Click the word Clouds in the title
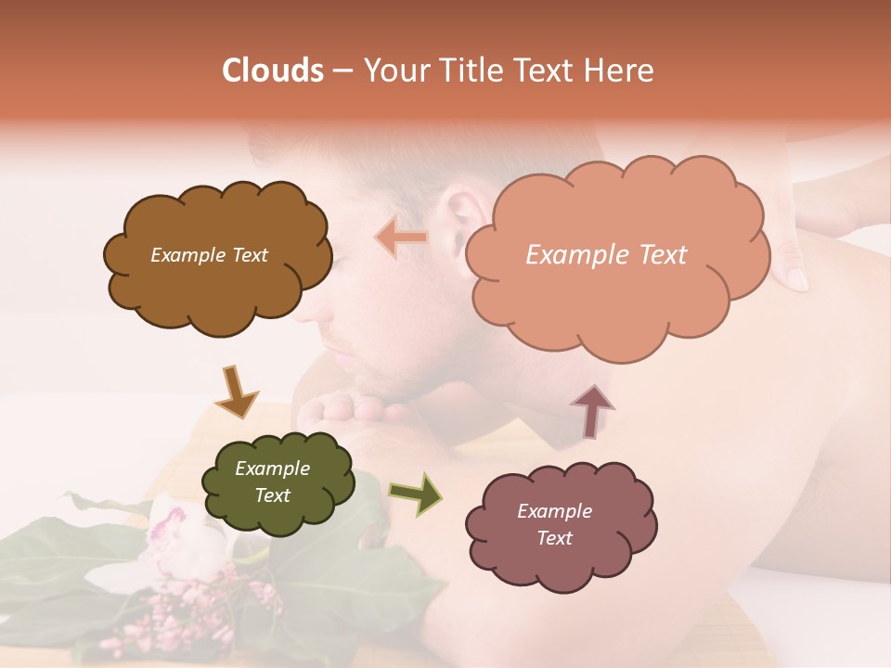coord(272,71)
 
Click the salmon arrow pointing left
coord(401,238)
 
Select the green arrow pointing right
coord(416,494)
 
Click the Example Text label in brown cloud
coord(209,255)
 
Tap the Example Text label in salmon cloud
coord(606,255)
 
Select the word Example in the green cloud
coord(272,469)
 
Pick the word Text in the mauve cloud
coord(554,538)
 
